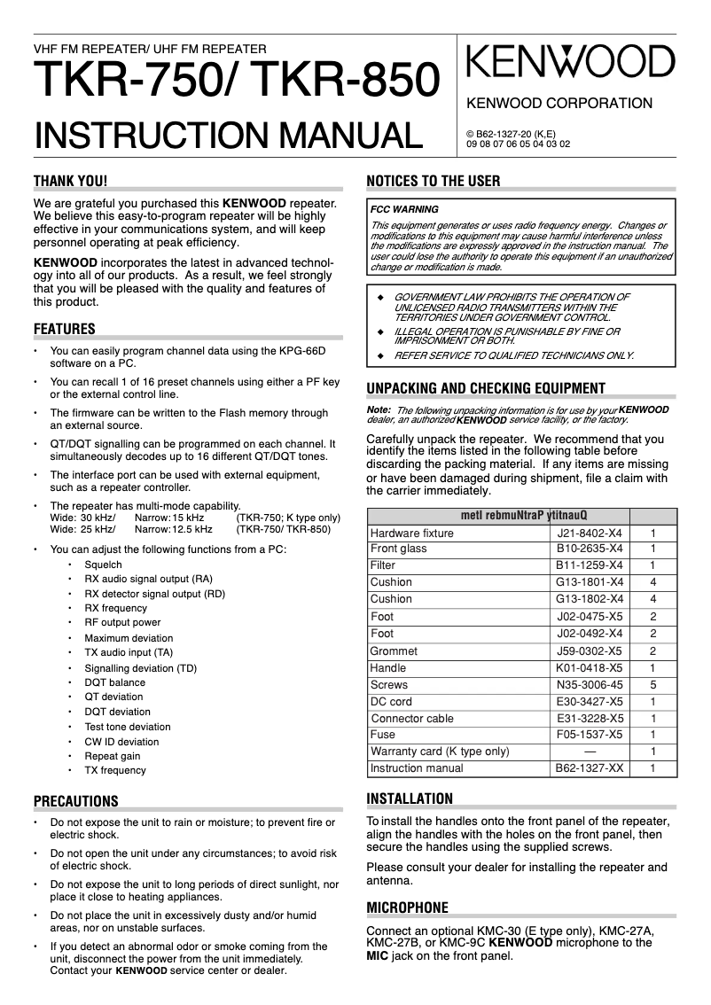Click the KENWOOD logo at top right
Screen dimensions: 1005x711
point(570,64)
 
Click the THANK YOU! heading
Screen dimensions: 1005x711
point(70,182)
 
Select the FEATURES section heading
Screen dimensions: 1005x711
point(64,330)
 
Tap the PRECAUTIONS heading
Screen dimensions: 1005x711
point(75,802)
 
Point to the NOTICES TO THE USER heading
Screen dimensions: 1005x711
point(434,182)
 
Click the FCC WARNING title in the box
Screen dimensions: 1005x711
point(404,210)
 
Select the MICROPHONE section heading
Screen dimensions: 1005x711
point(407,908)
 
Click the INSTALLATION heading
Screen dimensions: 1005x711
point(410,799)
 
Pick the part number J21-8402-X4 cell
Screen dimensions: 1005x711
point(590,534)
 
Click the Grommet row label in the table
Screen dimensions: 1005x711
point(394,651)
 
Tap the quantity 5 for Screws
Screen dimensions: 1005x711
point(652,685)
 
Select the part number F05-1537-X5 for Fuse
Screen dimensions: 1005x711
point(590,735)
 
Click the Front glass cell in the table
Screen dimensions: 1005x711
point(398,549)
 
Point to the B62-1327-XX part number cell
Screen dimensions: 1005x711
point(590,768)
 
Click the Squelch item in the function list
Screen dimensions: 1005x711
point(103,565)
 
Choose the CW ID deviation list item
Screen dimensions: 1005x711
point(121,742)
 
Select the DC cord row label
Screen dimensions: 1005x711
point(391,702)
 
